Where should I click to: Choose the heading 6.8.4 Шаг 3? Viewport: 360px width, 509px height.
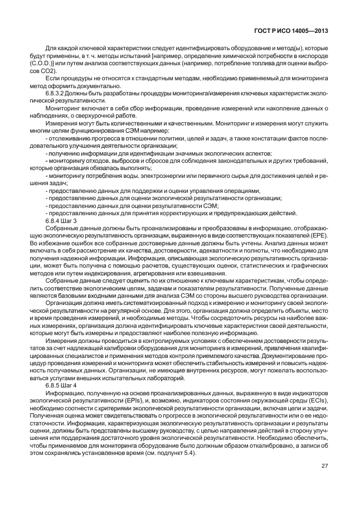tap(61, 221)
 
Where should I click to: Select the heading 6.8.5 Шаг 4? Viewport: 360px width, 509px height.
tap(61, 386)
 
